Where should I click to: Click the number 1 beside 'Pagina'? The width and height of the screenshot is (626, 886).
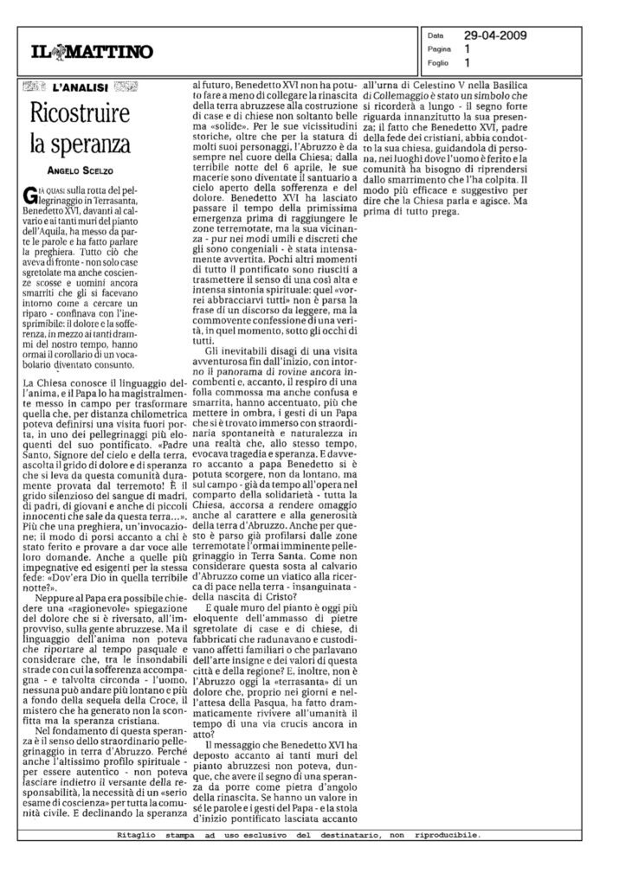(468, 50)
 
